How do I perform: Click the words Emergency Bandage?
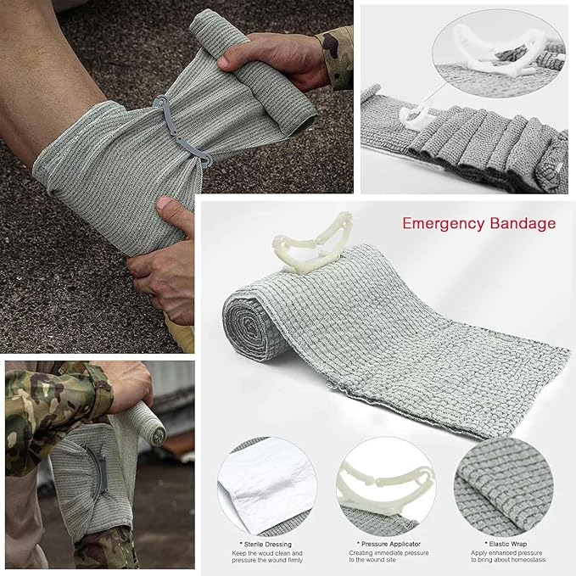[479, 224]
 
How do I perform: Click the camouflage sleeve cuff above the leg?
[338, 55]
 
